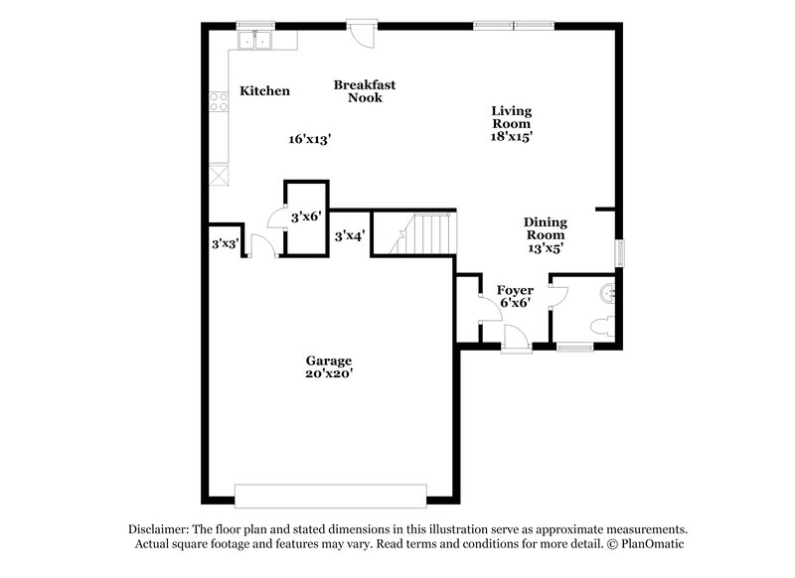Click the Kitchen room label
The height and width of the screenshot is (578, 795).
[264, 91]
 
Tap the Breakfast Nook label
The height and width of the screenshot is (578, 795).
[358, 91]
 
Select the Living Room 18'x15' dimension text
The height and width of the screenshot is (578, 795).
[512, 138]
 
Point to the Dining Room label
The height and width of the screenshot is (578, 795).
[546, 228]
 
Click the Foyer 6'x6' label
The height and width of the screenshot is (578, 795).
[514, 296]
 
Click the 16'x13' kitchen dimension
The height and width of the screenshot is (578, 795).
[309, 140]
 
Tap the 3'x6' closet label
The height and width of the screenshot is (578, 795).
[306, 216]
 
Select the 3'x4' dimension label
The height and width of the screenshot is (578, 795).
[349, 236]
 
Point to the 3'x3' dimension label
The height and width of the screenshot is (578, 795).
[225, 242]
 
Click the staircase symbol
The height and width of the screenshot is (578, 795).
[426, 234]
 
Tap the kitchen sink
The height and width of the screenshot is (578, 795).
[256, 40]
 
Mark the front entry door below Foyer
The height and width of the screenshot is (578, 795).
[516, 341]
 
